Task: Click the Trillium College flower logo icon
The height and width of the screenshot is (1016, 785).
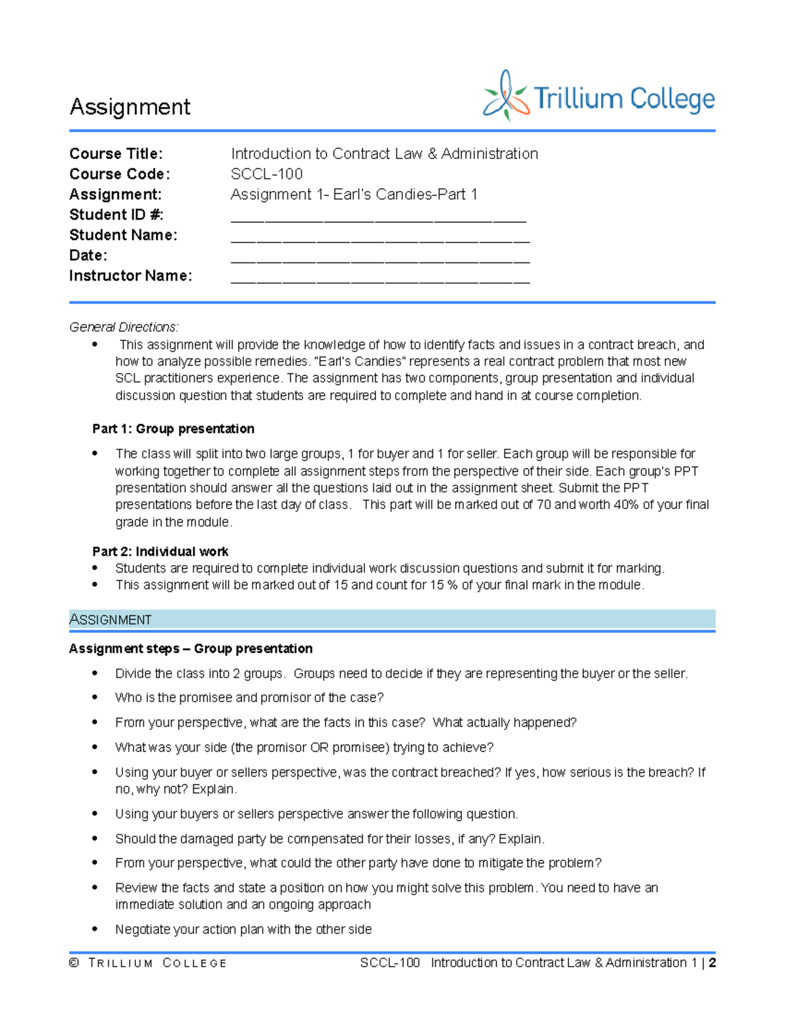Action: click(x=505, y=96)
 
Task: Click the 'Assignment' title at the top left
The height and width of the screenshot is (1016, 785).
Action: click(x=130, y=107)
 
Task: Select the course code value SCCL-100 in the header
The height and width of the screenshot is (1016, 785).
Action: click(x=266, y=174)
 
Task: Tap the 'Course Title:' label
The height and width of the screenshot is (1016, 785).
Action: click(x=116, y=154)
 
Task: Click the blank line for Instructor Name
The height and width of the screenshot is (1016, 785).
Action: click(x=379, y=279)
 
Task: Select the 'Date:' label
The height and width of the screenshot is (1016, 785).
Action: click(x=88, y=255)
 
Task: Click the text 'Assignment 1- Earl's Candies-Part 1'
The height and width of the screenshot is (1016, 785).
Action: click(x=354, y=194)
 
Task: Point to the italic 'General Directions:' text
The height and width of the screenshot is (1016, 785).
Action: click(x=124, y=327)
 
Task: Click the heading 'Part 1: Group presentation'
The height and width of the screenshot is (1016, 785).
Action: click(x=173, y=429)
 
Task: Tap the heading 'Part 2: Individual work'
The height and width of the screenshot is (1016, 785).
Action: click(x=160, y=552)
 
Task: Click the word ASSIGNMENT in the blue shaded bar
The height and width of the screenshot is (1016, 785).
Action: click(x=111, y=620)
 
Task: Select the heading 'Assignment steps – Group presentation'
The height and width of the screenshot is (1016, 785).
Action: click(x=190, y=649)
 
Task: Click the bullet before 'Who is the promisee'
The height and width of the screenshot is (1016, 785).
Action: click(x=96, y=698)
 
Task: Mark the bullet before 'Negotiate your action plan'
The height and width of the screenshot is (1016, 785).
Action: click(x=96, y=930)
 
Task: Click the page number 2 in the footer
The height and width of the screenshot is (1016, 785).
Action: click(x=712, y=963)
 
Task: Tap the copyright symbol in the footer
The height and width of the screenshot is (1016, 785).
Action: click(x=74, y=963)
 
